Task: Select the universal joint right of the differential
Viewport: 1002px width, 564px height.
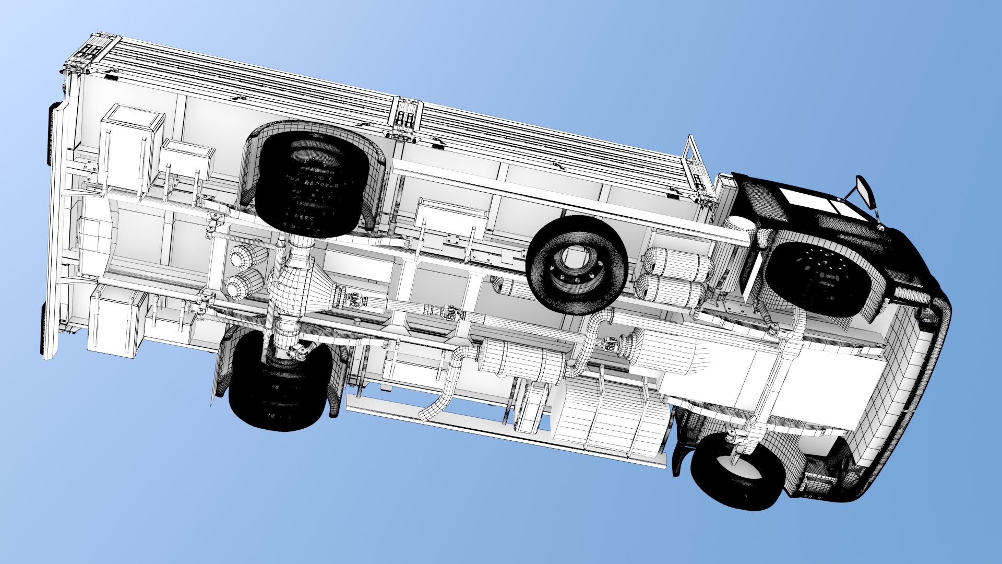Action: tap(355, 300)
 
